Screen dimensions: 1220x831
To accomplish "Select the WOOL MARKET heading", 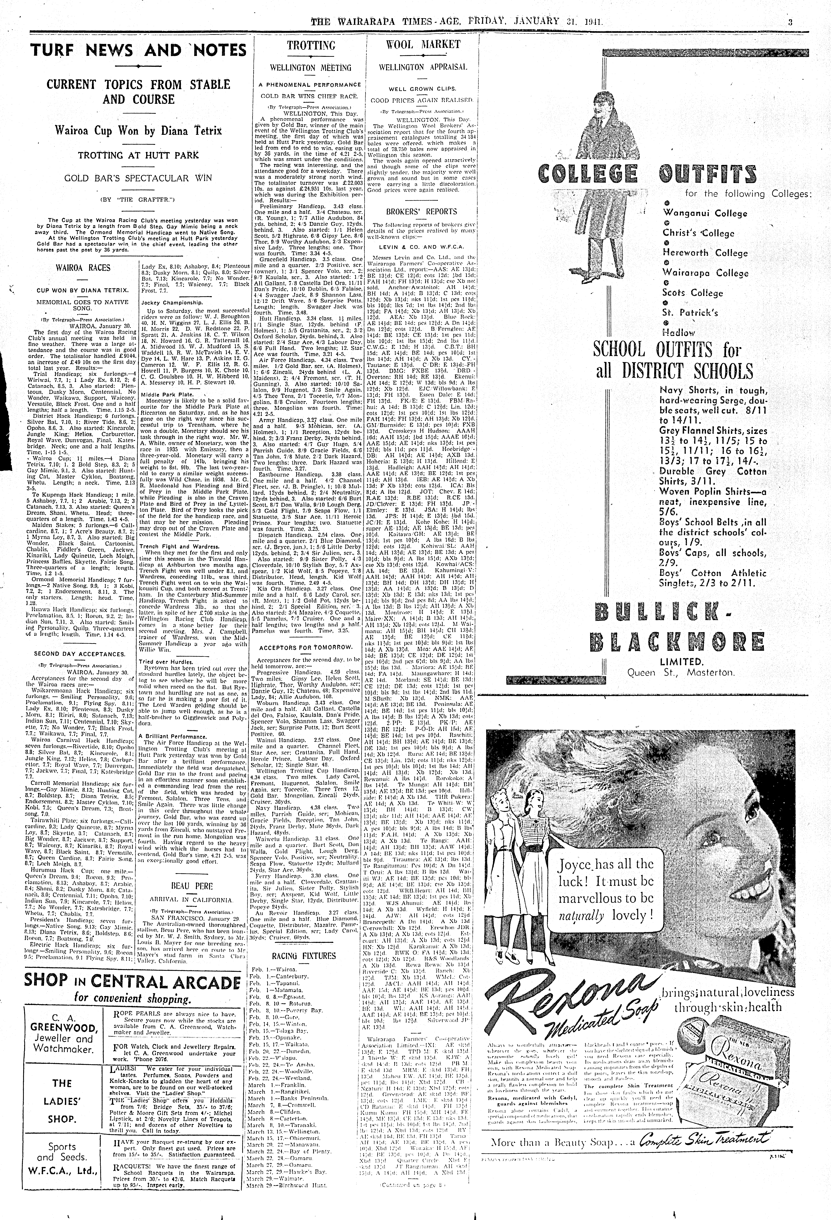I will point(423,45).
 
